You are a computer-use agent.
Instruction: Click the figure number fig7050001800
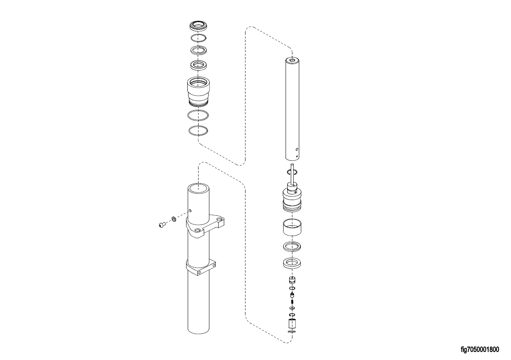[x=480, y=349]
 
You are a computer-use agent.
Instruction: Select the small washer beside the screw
[x=174, y=219]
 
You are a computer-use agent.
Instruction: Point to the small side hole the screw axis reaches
[x=190, y=210]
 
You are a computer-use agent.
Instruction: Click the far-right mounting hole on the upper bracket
[x=219, y=219]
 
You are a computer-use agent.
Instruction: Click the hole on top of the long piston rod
[x=292, y=61]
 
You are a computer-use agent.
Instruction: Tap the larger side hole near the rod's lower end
[x=297, y=150]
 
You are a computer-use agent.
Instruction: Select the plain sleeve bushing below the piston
[x=292, y=227]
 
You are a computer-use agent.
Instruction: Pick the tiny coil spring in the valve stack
[x=292, y=302]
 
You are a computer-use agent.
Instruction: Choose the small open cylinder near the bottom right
[x=292, y=324]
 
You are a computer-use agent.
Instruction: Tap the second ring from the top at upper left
[x=198, y=38]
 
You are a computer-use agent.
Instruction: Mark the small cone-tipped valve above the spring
[x=292, y=295]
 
